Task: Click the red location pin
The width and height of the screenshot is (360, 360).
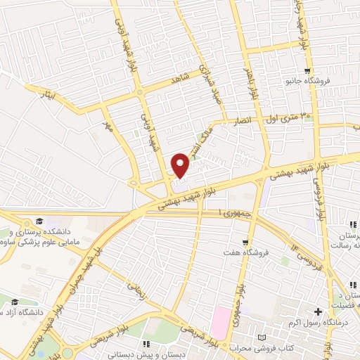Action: [x=181, y=165]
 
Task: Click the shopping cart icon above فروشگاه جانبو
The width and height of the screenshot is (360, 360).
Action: [x=307, y=70]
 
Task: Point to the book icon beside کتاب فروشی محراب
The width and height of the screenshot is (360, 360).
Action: [x=262, y=337]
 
